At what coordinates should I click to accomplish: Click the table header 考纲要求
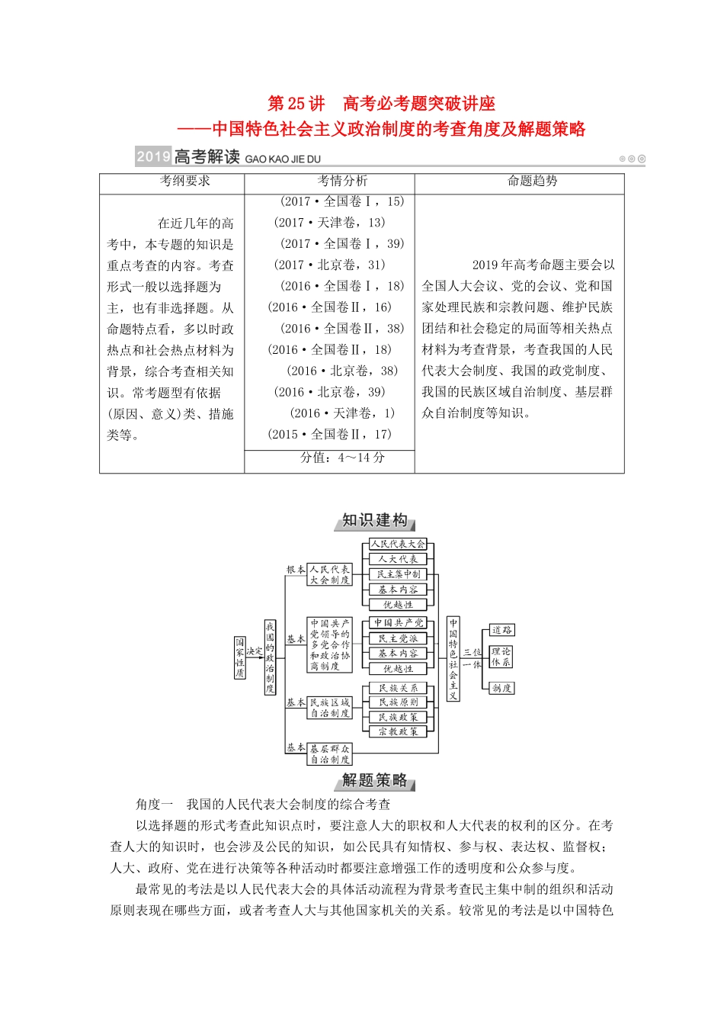click(x=184, y=181)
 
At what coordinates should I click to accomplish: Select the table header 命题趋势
click(x=532, y=181)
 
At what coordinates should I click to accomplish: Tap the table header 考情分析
click(x=342, y=181)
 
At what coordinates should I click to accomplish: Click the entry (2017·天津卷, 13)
click(x=329, y=223)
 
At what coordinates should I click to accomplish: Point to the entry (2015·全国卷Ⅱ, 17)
click(x=329, y=434)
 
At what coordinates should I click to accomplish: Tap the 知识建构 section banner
click(x=375, y=521)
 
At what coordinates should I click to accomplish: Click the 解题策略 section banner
click(x=375, y=780)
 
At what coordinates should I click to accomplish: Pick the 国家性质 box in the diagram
click(x=240, y=657)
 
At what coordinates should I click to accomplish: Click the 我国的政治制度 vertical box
click(x=270, y=657)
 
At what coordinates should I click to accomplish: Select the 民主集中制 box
click(x=398, y=574)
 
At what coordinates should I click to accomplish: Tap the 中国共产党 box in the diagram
click(x=398, y=623)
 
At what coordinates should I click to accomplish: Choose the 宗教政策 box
click(x=398, y=731)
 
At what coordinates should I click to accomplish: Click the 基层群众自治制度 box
click(x=330, y=754)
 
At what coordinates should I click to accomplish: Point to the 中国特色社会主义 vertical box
click(x=453, y=658)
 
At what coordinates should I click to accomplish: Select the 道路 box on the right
click(x=501, y=630)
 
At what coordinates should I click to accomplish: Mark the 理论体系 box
click(x=501, y=657)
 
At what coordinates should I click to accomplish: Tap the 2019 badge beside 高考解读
click(x=153, y=157)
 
